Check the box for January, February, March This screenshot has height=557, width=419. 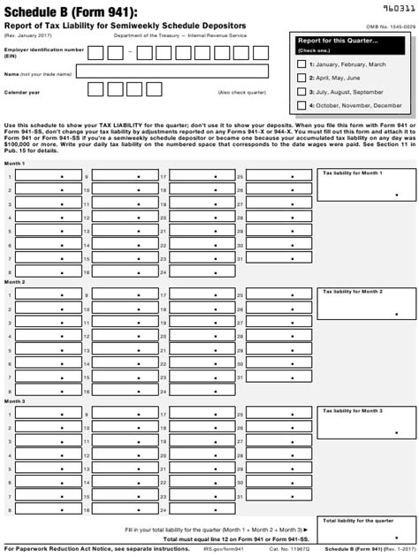coord(301,65)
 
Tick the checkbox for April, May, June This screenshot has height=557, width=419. coord(301,78)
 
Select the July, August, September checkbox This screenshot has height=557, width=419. coord(301,91)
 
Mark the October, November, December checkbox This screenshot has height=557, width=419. coord(301,104)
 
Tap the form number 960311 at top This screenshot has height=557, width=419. coord(394,7)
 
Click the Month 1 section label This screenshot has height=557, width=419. coord(15,164)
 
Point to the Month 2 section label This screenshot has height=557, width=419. coord(15,281)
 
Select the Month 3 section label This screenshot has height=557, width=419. coord(15,401)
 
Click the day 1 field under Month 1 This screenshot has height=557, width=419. coord(47,176)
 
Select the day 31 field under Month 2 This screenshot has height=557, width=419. coord(274,378)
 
